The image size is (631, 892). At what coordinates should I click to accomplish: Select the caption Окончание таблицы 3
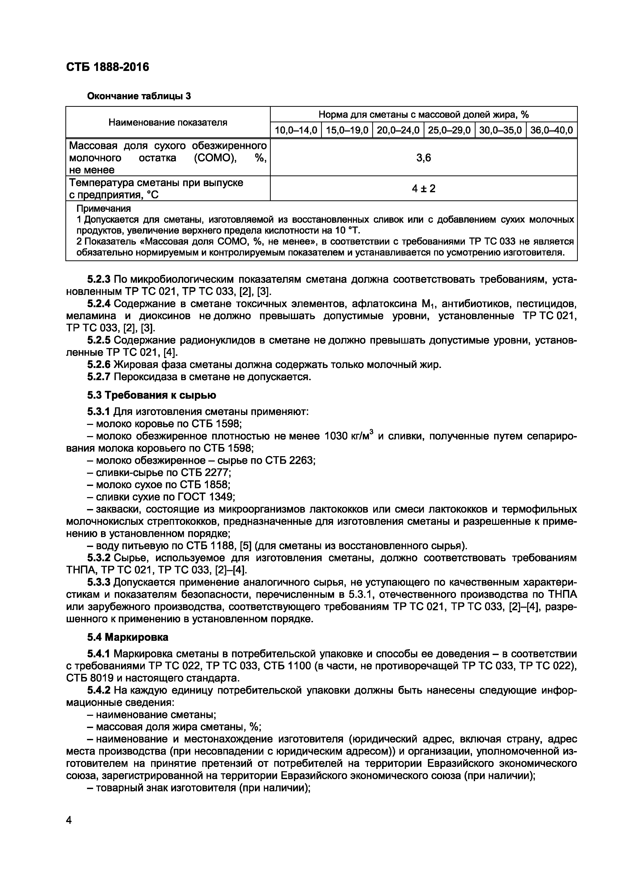[x=139, y=96]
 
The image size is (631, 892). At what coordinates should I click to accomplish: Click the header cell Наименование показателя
[x=168, y=122]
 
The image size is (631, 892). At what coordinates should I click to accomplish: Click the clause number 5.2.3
[x=99, y=279]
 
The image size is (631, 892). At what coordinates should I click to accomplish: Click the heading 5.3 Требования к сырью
[x=152, y=395]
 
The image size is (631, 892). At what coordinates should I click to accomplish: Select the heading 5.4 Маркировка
[x=127, y=637]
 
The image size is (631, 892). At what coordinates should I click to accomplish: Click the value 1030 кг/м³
[x=348, y=436]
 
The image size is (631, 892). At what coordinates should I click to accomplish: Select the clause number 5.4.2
[x=99, y=691]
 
